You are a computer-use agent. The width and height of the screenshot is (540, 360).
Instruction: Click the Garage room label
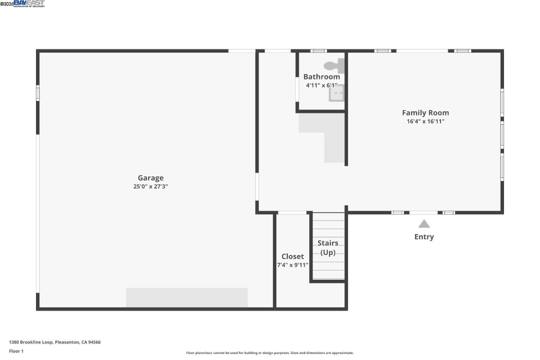(x=150, y=178)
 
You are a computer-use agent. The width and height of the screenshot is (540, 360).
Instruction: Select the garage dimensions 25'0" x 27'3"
(x=150, y=186)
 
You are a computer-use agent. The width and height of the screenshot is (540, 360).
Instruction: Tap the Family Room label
(x=425, y=112)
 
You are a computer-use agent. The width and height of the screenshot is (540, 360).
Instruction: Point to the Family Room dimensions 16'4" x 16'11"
(x=425, y=121)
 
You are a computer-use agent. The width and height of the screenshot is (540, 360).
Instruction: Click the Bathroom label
(x=321, y=76)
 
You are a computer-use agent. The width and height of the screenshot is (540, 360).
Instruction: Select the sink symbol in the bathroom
(x=336, y=93)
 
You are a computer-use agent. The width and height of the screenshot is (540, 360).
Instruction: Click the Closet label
(x=292, y=256)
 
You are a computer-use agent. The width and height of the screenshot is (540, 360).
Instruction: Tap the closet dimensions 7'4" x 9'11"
(x=292, y=265)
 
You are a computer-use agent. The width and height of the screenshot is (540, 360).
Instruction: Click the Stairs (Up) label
(x=328, y=247)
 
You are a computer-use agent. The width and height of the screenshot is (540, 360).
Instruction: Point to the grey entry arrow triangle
(x=424, y=224)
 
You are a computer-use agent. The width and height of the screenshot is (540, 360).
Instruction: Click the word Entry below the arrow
(x=424, y=237)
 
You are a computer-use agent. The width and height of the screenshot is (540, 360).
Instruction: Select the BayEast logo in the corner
(x=29, y=3)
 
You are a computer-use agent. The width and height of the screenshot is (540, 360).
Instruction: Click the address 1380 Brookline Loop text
(x=55, y=342)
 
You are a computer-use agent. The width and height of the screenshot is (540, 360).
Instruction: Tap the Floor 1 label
(x=16, y=351)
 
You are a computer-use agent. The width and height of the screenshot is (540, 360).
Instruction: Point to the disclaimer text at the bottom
(x=270, y=353)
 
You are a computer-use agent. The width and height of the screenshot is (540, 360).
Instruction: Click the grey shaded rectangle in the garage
(x=187, y=297)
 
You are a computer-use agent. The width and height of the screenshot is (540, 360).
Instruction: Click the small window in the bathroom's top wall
(x=318, y=51)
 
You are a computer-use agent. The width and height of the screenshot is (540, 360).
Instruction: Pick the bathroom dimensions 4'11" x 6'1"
(x=321, y=85)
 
